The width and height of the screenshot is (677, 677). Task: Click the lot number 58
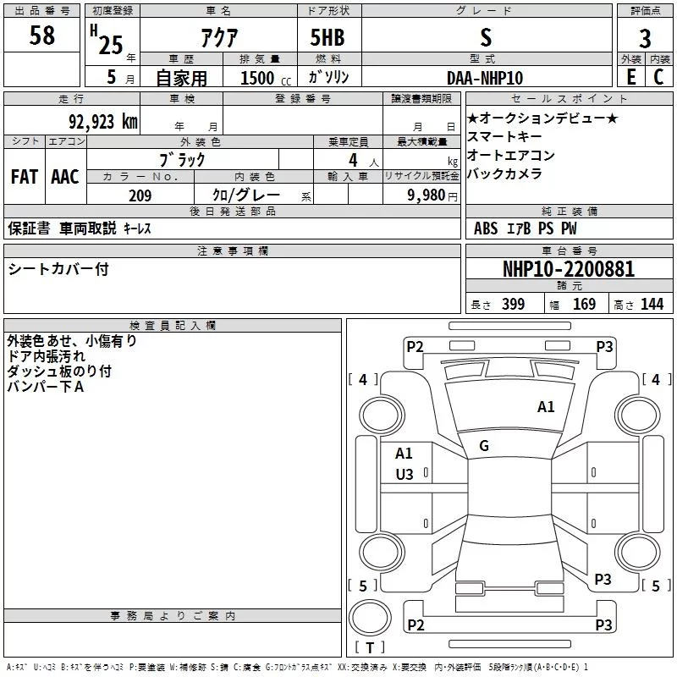(x=41, y=36)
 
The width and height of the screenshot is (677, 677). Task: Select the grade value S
(x=485, y=36)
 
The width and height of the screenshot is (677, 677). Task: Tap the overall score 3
(x=645, y=38)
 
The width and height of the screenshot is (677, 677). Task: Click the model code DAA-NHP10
(x=485, y=78)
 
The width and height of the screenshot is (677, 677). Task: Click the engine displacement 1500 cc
(x=262, y=78)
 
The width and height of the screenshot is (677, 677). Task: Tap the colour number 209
(x=140, y=195)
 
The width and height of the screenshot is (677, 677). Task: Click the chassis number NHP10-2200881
(x=569, y=269)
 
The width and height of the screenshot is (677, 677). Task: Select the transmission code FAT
(x=24, y=177)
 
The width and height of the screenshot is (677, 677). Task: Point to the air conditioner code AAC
(x=65, y=177)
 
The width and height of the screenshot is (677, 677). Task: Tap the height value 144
(x=652, y=305)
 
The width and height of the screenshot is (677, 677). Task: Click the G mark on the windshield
(x=484, y=446)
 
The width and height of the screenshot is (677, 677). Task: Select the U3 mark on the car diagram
(x=405, y=475)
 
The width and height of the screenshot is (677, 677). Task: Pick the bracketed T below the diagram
(x=370, y=648)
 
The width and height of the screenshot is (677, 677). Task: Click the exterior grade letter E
(x=630, y=78)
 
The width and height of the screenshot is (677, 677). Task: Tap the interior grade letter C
(x=659, y=78)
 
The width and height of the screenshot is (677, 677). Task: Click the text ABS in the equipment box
(x=486, y=228)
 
